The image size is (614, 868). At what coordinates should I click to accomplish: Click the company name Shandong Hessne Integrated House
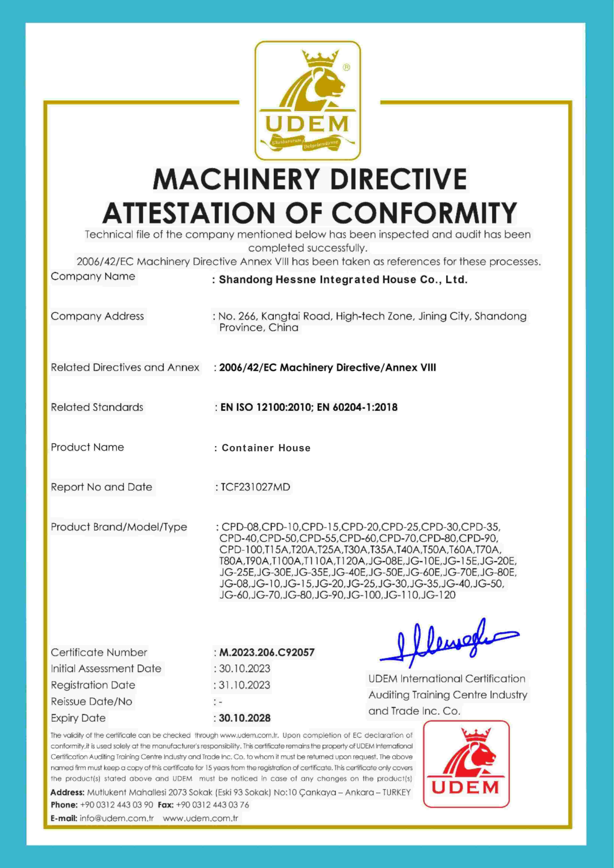pos(343,280)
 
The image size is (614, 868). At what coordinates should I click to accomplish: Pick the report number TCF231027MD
pos(255,487)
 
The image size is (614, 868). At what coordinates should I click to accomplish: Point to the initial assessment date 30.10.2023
pos(245,669)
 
